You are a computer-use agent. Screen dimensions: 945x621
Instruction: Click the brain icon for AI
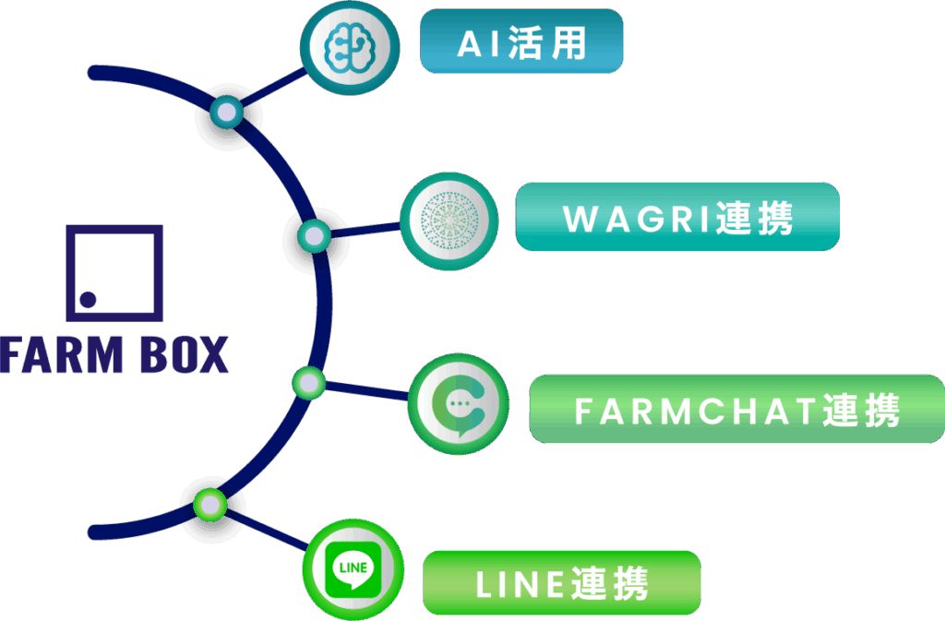[350, 47]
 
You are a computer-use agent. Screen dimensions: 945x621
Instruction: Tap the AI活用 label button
[521, 41]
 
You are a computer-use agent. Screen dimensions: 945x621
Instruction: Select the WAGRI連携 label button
[677, 217]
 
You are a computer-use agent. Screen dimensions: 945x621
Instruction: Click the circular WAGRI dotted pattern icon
[449, 221]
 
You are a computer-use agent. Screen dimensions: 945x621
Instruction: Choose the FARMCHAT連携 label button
[737, 409]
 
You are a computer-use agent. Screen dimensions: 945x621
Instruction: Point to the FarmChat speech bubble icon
[459, 403]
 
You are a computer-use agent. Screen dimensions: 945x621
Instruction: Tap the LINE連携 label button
[562, 583]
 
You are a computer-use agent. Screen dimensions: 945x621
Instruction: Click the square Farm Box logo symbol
[114, 273]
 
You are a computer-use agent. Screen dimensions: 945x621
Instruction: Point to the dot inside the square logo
[88, 299]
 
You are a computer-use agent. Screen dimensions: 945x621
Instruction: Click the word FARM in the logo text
[62, 354]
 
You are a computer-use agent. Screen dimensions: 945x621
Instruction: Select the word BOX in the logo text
[185, 354]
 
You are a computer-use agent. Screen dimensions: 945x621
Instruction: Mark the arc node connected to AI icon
[227, 112]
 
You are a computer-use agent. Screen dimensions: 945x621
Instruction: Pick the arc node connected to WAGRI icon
[314, 236]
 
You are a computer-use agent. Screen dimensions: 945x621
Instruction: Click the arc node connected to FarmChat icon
[308, 383]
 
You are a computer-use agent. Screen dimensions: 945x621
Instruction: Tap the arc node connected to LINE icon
[210, 505]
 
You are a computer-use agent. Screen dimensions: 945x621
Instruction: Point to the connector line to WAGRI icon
[365, 230]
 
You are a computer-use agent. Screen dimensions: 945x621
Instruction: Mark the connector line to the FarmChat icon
[366, 391]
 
